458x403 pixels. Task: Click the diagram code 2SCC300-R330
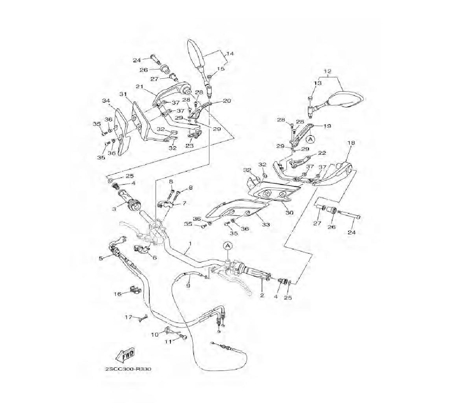click(x=128, y=369)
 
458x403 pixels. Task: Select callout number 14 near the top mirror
click(x=230, y=54)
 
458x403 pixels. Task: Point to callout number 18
click(x=351, y=143)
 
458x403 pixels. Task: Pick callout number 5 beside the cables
click(x=101, y=258)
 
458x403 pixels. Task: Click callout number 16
click(x=117, y=294)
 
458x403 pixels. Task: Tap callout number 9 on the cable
click(x=187, y=285)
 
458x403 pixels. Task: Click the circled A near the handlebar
click(x=228, y=246)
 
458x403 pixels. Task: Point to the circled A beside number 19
click(x=310, y=138)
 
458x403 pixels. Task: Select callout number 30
click(x=289, y=212)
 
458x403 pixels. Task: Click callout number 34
click(x=106, y=100)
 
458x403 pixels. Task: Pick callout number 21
click(x=139, y=86)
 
